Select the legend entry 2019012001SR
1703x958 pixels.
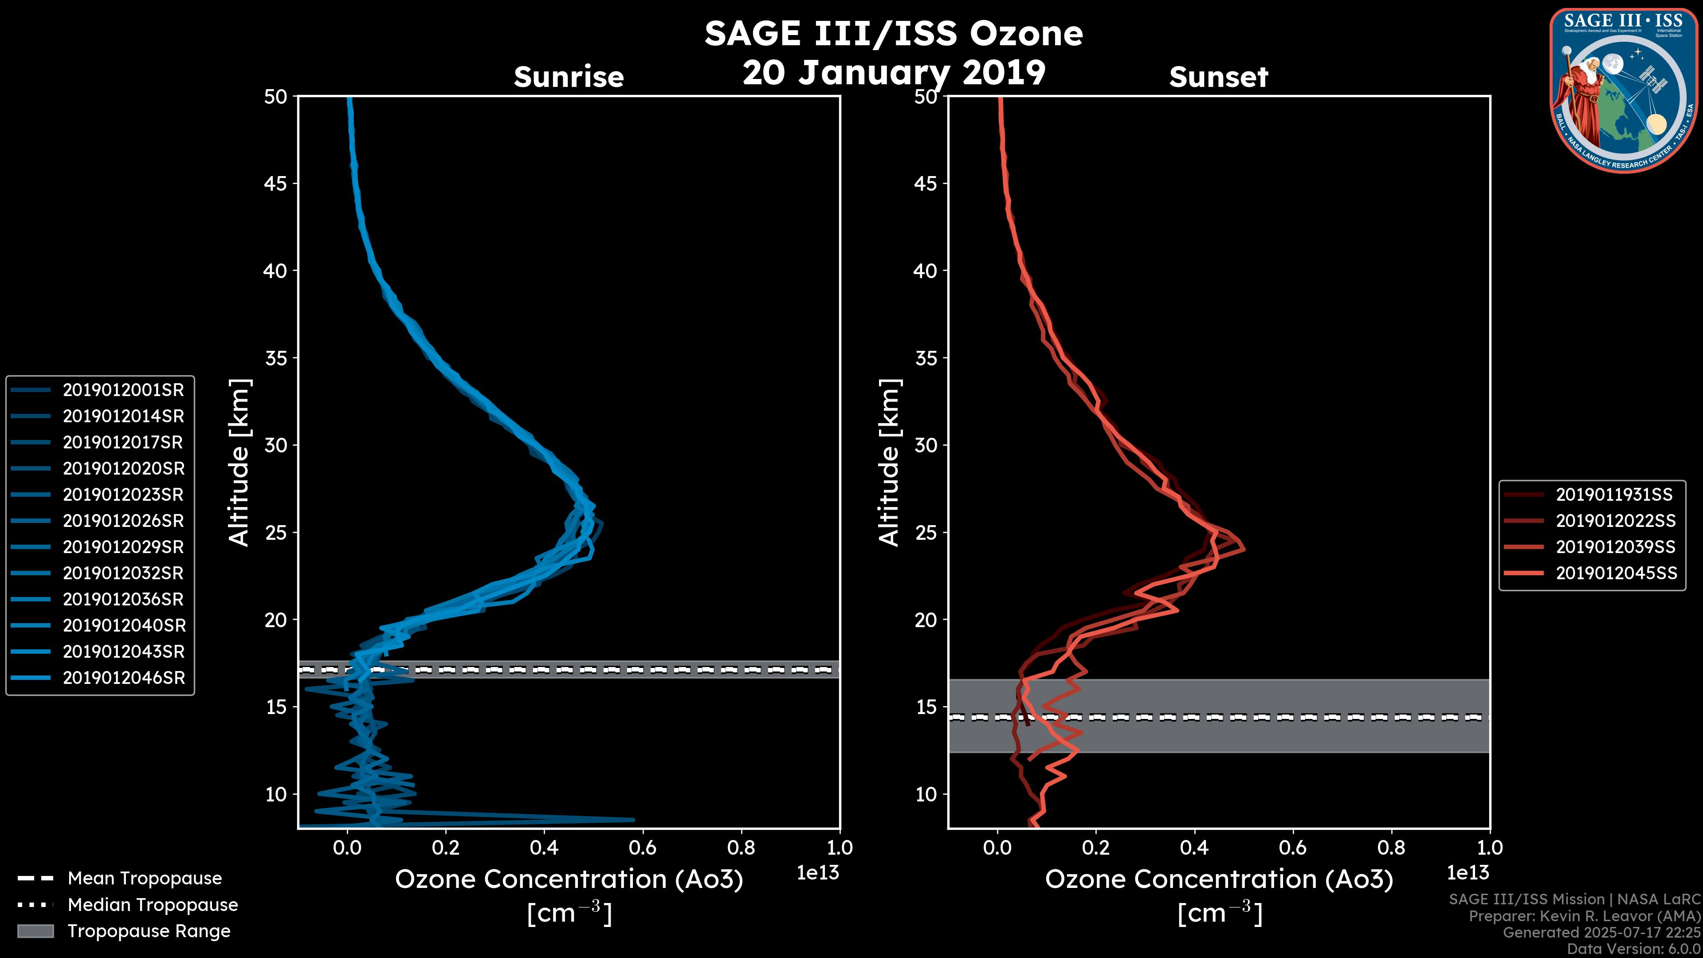point(123,390)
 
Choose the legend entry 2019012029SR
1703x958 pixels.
point(123,547)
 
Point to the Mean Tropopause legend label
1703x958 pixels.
point(145,878)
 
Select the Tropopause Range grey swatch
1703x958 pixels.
point(35,931)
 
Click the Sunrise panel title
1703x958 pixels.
point(569,77)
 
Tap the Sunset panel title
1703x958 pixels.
point(1218,77)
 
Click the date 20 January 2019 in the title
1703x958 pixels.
point(894,73)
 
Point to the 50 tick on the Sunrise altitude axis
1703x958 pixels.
point(276,97)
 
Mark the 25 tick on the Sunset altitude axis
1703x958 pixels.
point(926,532)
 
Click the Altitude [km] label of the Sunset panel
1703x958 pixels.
point(890,463)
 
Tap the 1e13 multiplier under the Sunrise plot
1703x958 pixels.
point(818,873)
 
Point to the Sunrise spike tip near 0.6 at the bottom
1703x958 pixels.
point(633,820)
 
